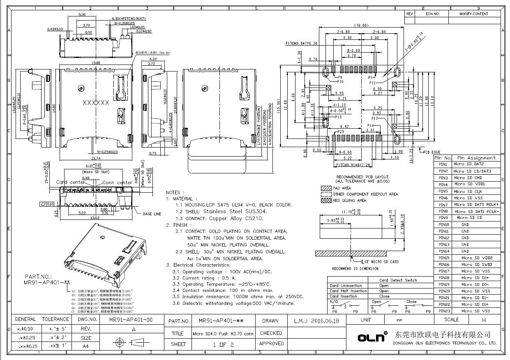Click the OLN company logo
click(372, 337)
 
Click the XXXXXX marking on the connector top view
click(96, 103)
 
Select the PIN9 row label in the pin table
click(443, 218)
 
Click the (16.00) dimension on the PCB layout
click(362, 25)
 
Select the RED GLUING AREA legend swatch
click(326, 201)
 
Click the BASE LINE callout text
click(152, 214)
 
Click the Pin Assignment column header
click(476, 158)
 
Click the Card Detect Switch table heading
click(398, 280)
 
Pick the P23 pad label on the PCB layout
click(340, 132)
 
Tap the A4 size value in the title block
click(86, 346)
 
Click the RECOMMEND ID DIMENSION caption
click(355, 268)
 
